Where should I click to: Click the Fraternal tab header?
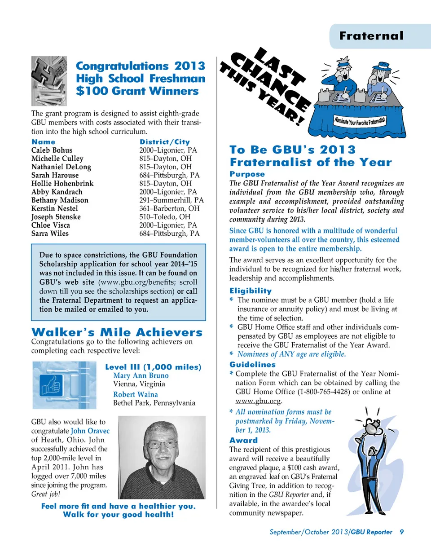click(371, 36)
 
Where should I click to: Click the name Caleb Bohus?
click(52, 150)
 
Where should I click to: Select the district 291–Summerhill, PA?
click(171, 200)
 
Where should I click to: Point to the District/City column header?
click(164, 142)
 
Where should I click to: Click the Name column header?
click(43, 142)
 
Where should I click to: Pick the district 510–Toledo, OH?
click(164, 217)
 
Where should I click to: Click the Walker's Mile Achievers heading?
click(117, 332)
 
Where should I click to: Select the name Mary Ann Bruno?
click(141, 375)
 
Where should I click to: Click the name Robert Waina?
click(135, 394)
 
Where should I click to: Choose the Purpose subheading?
click(247, 174)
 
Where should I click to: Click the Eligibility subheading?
click(250, 291)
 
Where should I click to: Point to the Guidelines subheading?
click(252, 365)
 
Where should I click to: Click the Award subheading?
click(243, 441)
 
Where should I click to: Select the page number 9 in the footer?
click(402, 532)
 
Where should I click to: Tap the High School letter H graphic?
click(49, 80)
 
